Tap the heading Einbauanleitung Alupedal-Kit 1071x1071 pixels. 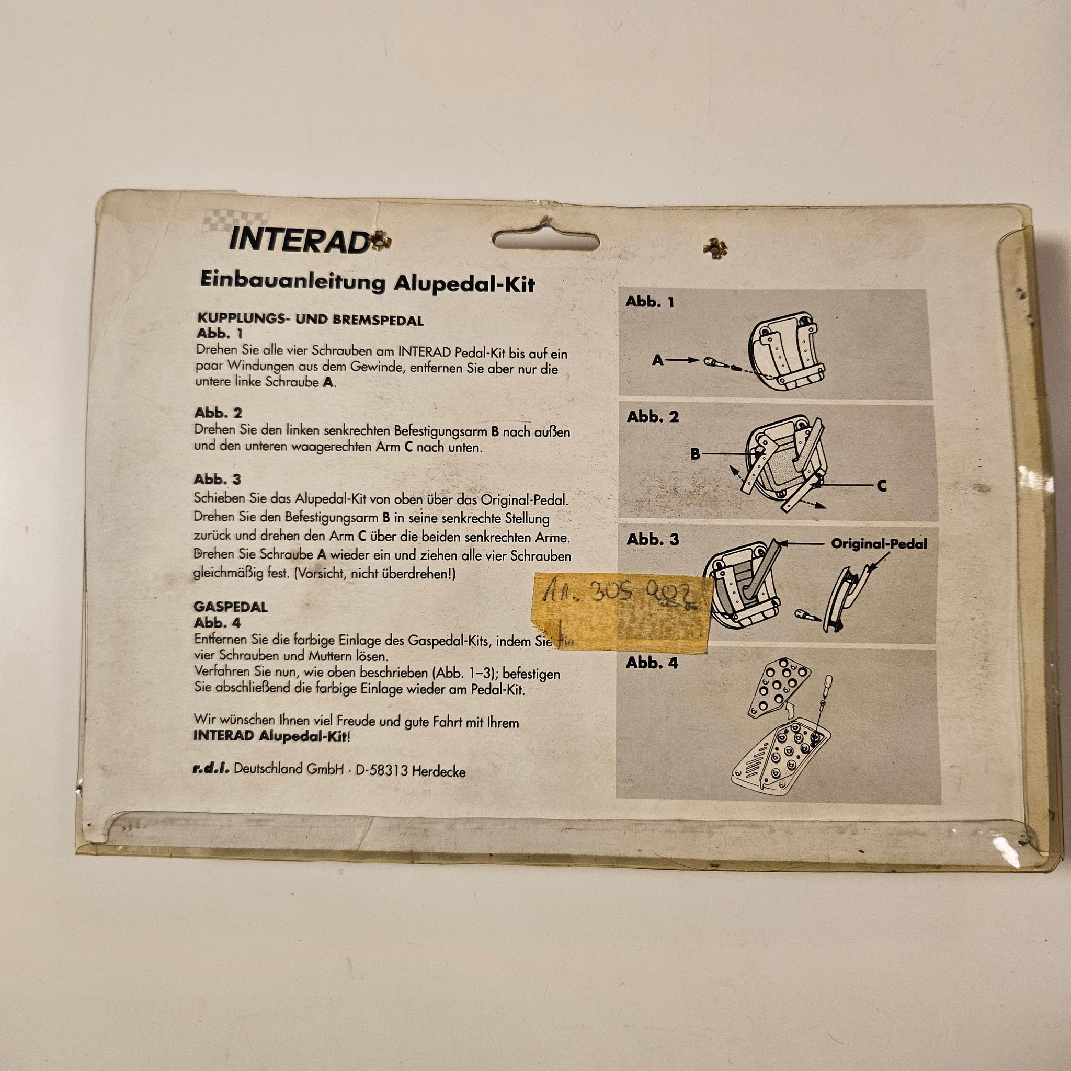[x=368, y=283]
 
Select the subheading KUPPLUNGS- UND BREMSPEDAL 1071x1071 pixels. [x=311, y=320]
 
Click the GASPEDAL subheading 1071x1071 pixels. [x=231, y=607]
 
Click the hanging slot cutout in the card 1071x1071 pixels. [x=545, y=240]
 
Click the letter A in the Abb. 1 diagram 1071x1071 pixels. [x=657, y=360]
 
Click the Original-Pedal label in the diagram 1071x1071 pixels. [x=879, y=544]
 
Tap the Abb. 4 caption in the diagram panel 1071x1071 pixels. [x=652, y=663]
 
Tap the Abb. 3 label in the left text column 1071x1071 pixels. [x=218, y=480]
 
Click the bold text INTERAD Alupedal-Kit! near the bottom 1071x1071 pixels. [x=271, y=736]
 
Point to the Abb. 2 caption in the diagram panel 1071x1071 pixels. [x=653, y=417]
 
